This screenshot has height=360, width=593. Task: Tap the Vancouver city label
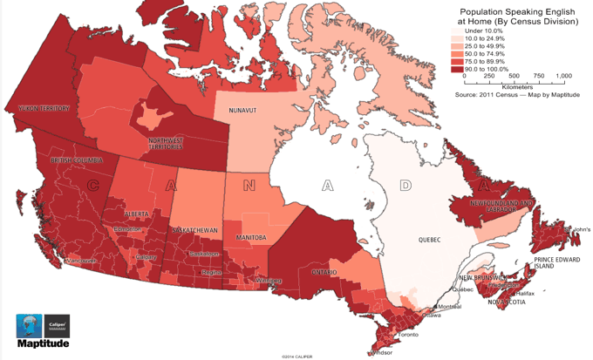(58, 262)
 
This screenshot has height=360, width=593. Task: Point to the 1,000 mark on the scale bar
(562, 77)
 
